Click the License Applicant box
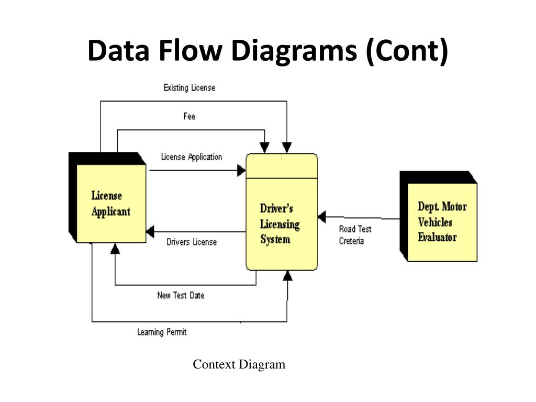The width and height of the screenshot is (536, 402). coord(108,198)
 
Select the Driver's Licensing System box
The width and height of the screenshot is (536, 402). coord(282,212)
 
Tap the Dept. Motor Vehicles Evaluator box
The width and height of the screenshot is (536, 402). coord(439,216)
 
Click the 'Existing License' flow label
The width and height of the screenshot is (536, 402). coord(189,88)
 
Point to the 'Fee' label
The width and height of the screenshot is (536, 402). coord(189,116)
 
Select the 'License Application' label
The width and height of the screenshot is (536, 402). coord(192,157)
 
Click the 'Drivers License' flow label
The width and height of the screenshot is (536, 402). coord(192,242)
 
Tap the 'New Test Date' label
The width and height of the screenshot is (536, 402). coord(181,295)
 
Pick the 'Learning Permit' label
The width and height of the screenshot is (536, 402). coord(162,332)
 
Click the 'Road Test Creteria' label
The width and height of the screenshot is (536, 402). coord(355,235)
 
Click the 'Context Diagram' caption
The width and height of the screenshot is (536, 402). coord(239,364)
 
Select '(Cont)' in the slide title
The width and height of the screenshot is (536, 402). coord(407,51)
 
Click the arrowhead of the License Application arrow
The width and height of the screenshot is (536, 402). coord(241,170)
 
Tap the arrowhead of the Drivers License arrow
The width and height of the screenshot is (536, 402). coord(150,232)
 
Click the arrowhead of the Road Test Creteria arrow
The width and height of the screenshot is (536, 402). coord(322,217)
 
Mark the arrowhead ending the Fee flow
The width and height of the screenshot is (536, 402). coord(264,148)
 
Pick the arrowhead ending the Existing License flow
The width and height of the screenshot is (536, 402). coord(287,148)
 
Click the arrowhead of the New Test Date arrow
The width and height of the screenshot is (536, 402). coord(115,249)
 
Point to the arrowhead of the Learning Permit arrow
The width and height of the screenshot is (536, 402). coord(288,276)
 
